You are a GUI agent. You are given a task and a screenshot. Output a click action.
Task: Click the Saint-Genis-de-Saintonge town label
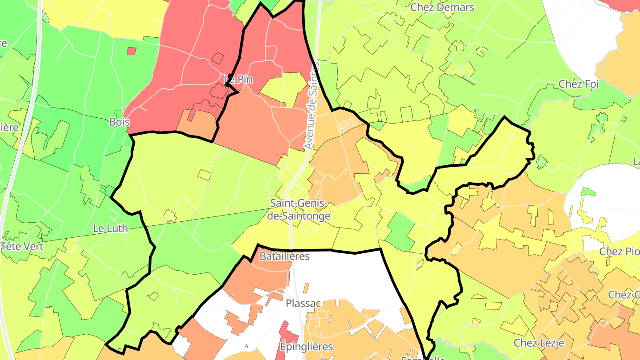300,210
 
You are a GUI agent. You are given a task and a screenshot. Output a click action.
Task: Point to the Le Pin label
238,80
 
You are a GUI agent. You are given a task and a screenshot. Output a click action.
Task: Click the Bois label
120,122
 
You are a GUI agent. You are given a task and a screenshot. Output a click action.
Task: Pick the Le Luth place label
110,228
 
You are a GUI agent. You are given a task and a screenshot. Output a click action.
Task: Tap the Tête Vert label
22,246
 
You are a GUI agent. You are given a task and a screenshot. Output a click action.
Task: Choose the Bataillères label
284,256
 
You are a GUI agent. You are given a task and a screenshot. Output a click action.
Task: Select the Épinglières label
307,346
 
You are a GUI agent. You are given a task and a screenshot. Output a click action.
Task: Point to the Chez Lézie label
539,343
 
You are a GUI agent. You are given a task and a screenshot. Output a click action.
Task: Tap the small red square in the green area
131,51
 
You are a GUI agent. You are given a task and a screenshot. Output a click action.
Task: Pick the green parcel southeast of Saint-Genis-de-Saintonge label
401,231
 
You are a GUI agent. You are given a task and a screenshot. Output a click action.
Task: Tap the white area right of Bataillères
347,276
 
